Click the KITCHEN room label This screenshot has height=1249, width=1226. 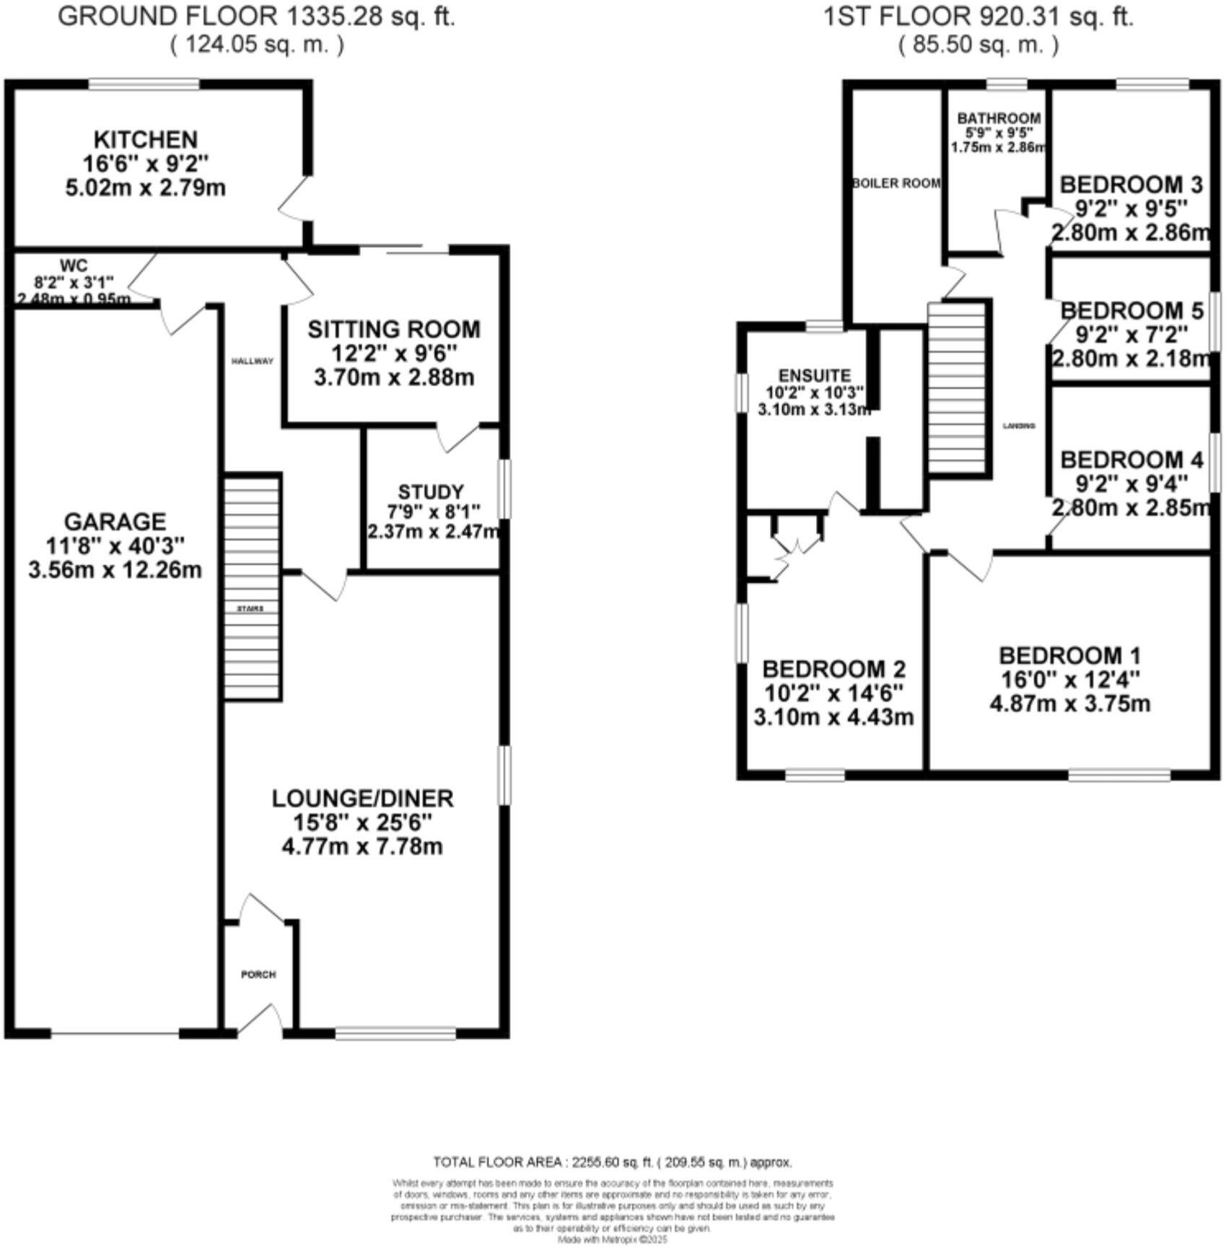click(146, 139)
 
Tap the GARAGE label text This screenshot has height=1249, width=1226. click(115, 522)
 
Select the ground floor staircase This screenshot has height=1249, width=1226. click(251, 586)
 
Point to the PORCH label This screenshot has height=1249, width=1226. click(258, 974)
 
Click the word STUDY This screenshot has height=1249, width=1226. click(431, 492)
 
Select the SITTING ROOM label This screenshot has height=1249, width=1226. click(393, 330)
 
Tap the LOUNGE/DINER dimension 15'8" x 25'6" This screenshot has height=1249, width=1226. click(362, 823)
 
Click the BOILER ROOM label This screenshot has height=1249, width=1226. click(896, 183)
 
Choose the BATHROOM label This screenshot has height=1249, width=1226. click(999, 118)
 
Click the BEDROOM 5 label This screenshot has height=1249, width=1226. click(1131, 311)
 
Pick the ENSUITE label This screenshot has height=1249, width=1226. click(815, 376)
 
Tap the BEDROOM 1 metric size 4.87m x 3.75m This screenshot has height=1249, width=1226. click(1069, 704)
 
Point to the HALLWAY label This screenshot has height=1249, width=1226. click(252, 361)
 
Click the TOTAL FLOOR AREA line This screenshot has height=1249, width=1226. click(612, 1162)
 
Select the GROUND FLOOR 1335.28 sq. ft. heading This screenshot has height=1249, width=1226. click(256, 17)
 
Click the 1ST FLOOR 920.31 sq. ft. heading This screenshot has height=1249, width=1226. click(978, 17)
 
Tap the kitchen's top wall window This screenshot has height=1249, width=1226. click(144, 85)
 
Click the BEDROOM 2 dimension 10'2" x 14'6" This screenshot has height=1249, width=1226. click(833, 693)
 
